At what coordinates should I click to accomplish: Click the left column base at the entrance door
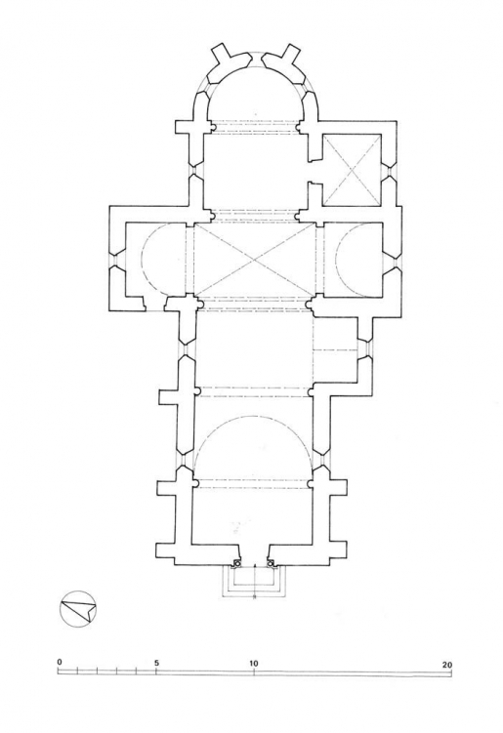point(237,563)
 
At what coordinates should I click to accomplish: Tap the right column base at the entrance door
point(271,563)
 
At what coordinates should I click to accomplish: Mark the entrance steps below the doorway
point(254,581)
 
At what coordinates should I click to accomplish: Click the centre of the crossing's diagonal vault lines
point(255,260)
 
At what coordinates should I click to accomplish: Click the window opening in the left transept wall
point(114,260)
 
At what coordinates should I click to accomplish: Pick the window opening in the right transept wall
point(393,260)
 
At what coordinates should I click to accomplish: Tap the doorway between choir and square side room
point(314,171)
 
